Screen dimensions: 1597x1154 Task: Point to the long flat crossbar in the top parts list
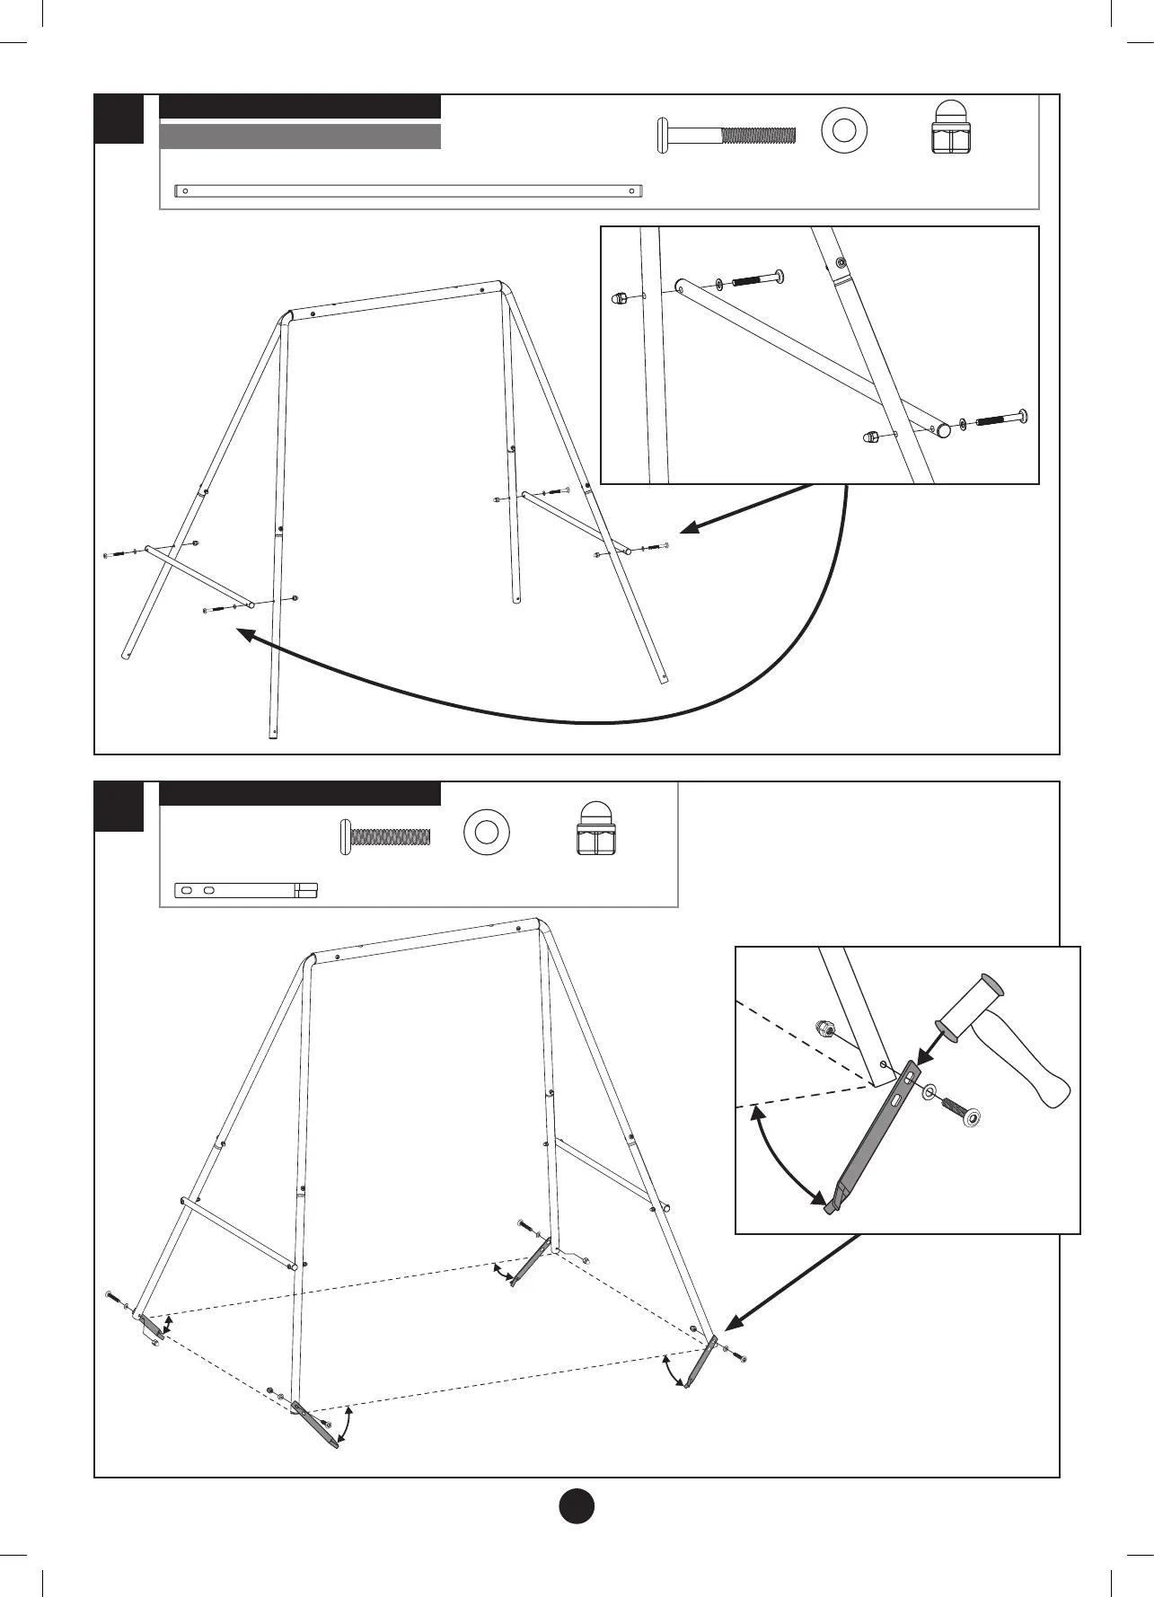click(409, 190)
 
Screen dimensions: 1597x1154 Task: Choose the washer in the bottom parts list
click(487, 832)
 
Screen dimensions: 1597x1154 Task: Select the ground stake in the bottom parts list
click(245, 890)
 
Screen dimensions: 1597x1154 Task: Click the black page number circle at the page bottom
click(577, 1505)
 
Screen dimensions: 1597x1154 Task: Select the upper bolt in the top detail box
click(757, 279)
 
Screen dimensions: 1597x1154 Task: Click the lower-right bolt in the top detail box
click(1000, 419)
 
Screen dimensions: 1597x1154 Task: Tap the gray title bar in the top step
click(300, 137)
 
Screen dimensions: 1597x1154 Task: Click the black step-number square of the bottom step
click(119, 806)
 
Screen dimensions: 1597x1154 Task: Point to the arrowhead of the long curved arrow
click(243, 634)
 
